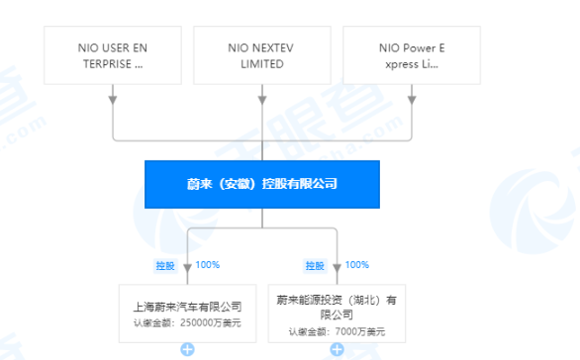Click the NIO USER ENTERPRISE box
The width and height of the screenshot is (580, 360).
click(x=112, y=55)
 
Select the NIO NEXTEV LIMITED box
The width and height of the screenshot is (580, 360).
click(x=261, y=55)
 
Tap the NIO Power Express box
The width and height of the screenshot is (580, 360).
click(x=411, y=55)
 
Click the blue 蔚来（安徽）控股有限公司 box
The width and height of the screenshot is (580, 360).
click(x=261, y=185)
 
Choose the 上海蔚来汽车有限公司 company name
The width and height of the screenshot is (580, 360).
click(x=187, y=307)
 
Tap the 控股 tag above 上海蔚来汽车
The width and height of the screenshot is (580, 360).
click(x=164, y=265)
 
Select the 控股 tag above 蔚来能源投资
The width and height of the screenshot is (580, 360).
click(x=315, y=265)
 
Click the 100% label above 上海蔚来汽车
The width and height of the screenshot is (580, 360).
click(x=207, y=264)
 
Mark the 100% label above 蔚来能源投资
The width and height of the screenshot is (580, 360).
click(x=357, y=264)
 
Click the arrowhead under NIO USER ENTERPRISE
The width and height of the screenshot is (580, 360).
click(x=112, y=98)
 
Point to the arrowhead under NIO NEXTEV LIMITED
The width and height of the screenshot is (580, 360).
click(x=261, y=98)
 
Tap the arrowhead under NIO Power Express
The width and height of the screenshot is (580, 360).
click(x=411, y=98)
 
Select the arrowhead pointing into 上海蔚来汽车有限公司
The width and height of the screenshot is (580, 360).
click(x=187, y=268)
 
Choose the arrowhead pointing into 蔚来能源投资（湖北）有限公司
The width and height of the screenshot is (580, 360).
click(x=338, y=268)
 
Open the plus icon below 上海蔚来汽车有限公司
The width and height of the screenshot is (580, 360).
click(x=187, y=350)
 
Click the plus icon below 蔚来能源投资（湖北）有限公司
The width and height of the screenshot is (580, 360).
click(x=338, y=350)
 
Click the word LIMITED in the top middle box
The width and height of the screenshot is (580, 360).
click(x=261, y=63)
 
